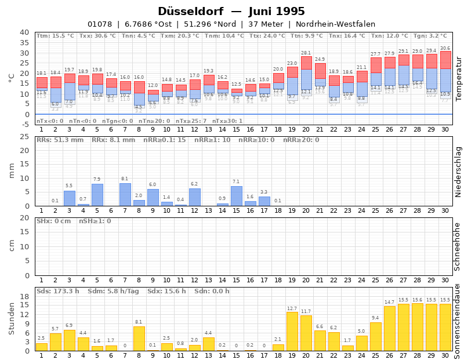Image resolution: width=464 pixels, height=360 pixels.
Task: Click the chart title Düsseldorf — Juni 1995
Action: pyautogui.click(x=231, y=12)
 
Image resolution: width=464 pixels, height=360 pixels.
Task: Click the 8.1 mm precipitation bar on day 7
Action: pyautogui.click(x=125, y=195)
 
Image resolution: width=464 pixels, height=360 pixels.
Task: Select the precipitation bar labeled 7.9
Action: pyautogui.click(x=97, y=195)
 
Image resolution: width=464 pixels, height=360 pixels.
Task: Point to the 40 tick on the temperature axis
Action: pyautogui.click(x=24, y=32)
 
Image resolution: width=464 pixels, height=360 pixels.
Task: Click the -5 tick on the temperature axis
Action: pyautogui.click(x=24, y=125)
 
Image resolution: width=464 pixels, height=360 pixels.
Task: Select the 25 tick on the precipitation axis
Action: pyautogui.click(x=25, y=137)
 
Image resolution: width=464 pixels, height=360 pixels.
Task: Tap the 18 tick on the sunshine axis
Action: pyautogui.click(x=25, y=296)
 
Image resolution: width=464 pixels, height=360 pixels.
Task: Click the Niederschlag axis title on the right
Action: pyautogui.click(x=458, y=171)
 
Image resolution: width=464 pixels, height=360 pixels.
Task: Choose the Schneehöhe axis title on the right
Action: pyautogui.click(x=458, y=246)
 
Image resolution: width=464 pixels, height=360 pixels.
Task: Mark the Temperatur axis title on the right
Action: pyautogui.click(x=458, y=79)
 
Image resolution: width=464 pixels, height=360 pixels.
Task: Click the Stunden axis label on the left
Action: pyautogui.click(x=12, y=318)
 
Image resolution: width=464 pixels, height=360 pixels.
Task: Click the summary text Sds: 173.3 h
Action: pyautogui.click(x=58, y=291)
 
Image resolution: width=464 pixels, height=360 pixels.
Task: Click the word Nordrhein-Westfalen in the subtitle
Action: pyautogui.click(x=335, y=24)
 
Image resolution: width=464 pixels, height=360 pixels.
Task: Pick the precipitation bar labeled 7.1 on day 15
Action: pyautogui.click(x=236, y=196)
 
